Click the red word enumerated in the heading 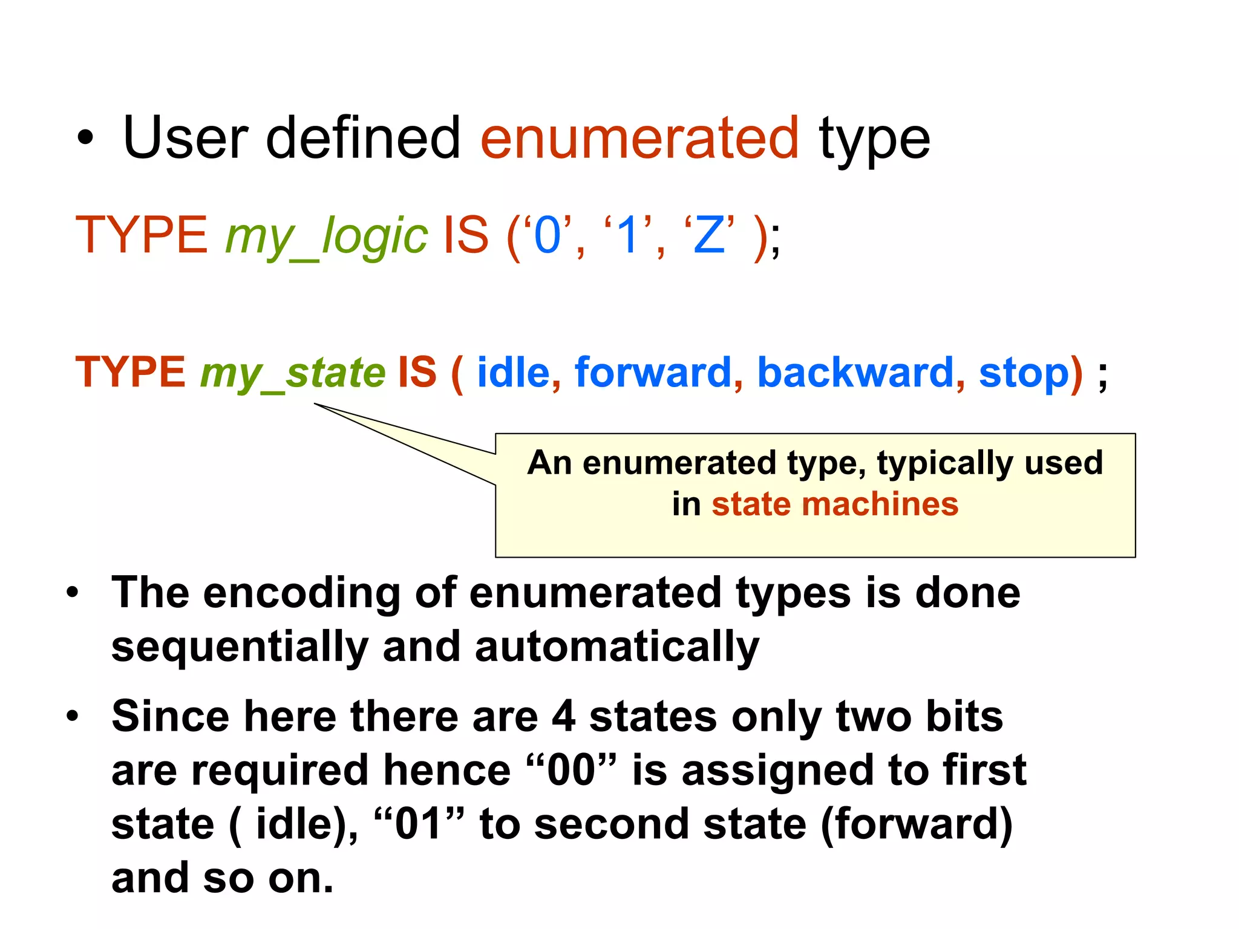pos(639,139)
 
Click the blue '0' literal pos(548,235)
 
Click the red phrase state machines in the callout pos(835,504)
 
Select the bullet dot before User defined pos(85,138)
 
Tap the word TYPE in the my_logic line pos(142,235)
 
